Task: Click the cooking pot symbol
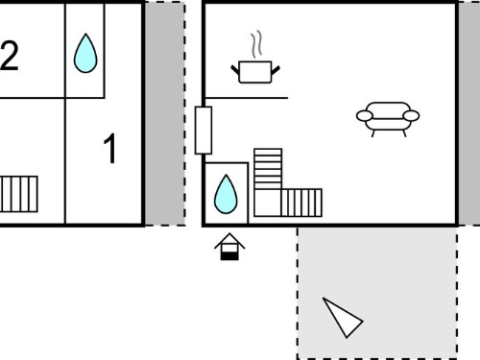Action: click(x=255, y=72)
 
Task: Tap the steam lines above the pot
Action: click(x=257, y=45)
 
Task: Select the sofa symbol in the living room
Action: click(x=388, y=119)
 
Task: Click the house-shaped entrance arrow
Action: click(x=229, y=247)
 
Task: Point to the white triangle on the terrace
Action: click(x=342, y=317)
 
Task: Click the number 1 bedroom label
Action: click(x=110, y=148)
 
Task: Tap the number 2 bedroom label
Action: click(x=10, y=55)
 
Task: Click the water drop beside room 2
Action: click(x=85, y=53)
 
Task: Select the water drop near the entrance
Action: click(x=226, y=194)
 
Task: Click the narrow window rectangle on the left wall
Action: click(x=204, y=131)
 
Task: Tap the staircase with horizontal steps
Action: click(x=268, y=169)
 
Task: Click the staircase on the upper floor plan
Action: click(x=18, y=194)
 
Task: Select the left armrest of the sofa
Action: click(x=365, y=116)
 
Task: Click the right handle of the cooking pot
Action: click(x=276, y=70)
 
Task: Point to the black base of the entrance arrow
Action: click(x=229, y=255)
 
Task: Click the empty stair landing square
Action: click(x=268, y=203)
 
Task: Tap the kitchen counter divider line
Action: click(x=246, y=98)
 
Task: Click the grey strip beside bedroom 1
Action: click(x=165, y=113)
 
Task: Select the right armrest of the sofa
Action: click(x=411, y=116)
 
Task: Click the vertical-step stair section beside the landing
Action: click(x=301, y=203)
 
